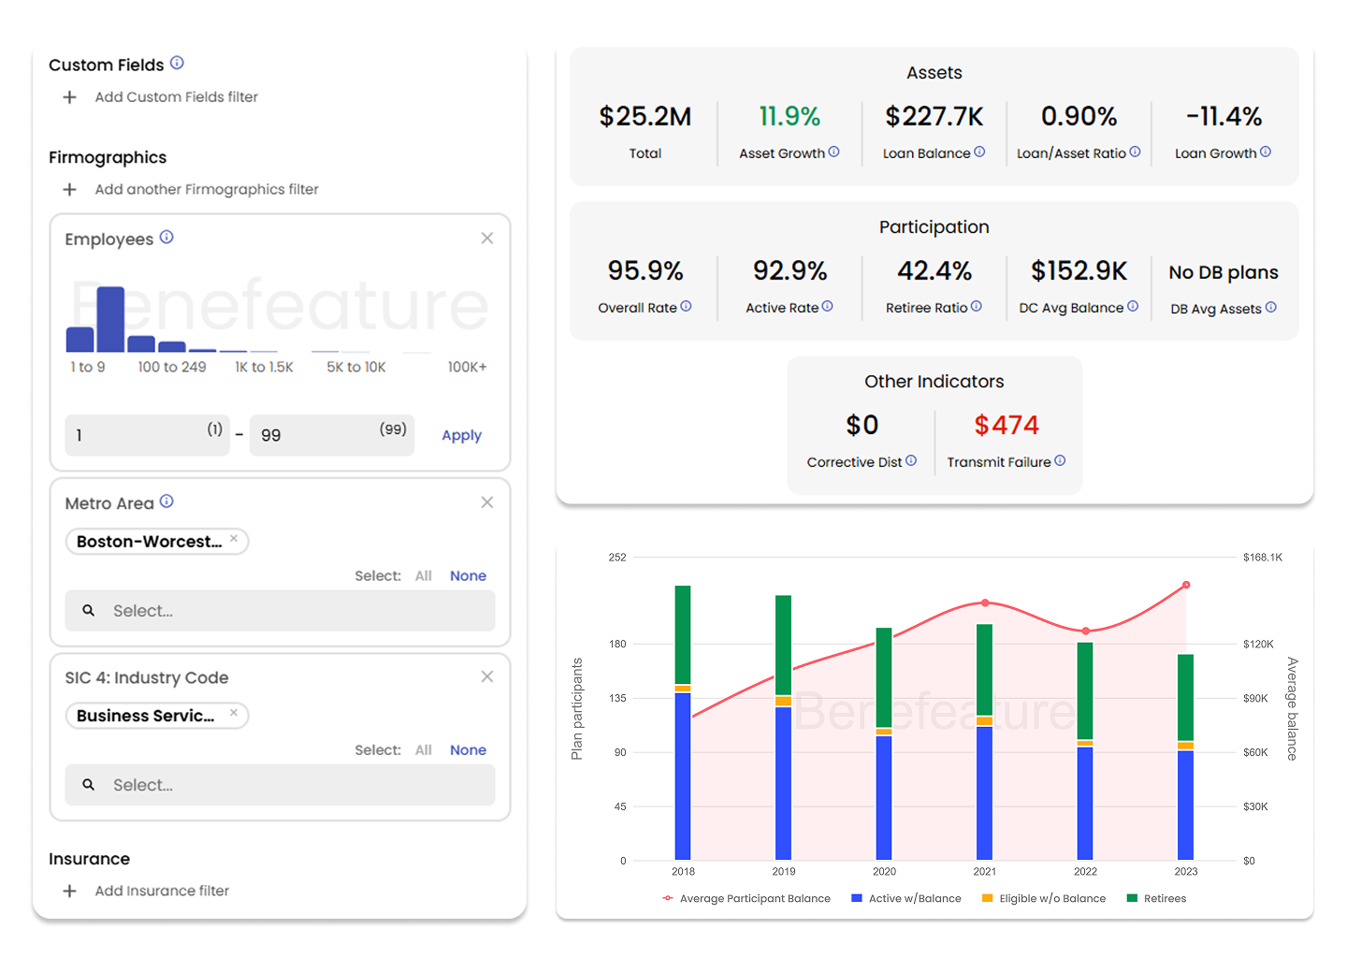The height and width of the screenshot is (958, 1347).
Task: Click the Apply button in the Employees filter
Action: pyautogui.click(x=461, y=435)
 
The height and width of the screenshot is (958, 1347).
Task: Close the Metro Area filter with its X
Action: pyautogui.click(x=487, y=502)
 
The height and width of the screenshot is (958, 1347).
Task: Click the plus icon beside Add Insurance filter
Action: pyautogui.click(x=69, y=891)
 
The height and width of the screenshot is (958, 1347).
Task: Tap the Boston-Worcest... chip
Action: pyautogui.click(x=150, y=542)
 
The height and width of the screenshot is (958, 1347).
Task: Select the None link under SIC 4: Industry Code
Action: pyautogui.click(x=468, y=750)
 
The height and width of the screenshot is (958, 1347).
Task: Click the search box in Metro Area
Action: pyautogui.click(x=280, y=611)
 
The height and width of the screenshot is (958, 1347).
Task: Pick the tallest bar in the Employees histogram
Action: pyautogui.click(x=110, y=320)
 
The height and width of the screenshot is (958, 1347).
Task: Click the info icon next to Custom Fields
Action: pyautogui.click(x=177, y=64)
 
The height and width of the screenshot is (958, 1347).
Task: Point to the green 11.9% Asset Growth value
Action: pyautogui.click(x=789, y=117)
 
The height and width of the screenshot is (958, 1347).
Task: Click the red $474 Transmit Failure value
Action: pyautogui.click(x=1006, y=426)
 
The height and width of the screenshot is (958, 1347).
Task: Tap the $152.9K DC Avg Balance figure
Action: pyautogui.click(x=1079, y=271)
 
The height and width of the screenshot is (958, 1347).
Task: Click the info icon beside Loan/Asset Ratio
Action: pyautogui.click(x=1135, y=152)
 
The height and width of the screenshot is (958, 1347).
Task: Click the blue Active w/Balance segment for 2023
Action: pyautogui.click(x=1185, y=805)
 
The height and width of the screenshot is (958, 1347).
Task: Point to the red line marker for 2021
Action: pyautogui.click(x=985, y=603)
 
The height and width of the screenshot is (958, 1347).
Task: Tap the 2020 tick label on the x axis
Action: pyautogui.click(x=884, y=871)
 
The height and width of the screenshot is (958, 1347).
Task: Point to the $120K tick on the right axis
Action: pyautogui.click(x=1258, y=644)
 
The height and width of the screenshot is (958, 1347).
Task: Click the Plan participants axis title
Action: pyautogui.click(x=577, y=708)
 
